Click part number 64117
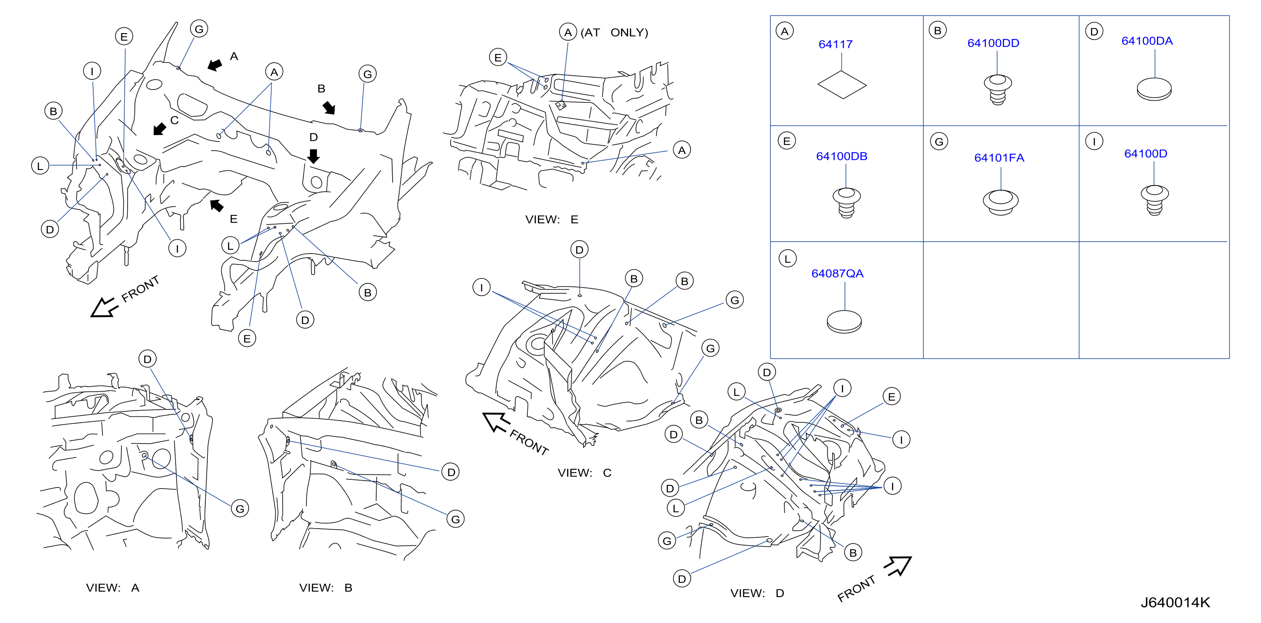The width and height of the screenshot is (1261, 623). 835,44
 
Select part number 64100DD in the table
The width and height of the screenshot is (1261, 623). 993,43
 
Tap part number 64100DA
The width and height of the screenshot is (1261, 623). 1146,41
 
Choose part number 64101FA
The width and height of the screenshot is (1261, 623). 999,157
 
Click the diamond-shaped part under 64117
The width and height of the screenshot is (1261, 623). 842,85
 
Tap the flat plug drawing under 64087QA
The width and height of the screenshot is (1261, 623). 844,322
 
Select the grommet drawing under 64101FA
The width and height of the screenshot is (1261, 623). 1000,202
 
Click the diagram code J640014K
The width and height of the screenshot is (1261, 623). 1175,602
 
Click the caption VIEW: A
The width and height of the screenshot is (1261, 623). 113,587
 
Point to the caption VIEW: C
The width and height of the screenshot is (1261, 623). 584,473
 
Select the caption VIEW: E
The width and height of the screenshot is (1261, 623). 552,219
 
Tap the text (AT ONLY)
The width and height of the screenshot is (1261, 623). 614,32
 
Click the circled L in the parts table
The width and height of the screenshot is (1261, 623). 787,259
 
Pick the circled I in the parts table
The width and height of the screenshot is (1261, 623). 1093,141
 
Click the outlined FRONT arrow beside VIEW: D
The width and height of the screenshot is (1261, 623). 898,566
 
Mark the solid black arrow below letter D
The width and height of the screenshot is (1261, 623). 313,156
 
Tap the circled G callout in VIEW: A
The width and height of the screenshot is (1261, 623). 240,508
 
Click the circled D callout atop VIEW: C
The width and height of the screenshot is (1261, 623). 579,250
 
